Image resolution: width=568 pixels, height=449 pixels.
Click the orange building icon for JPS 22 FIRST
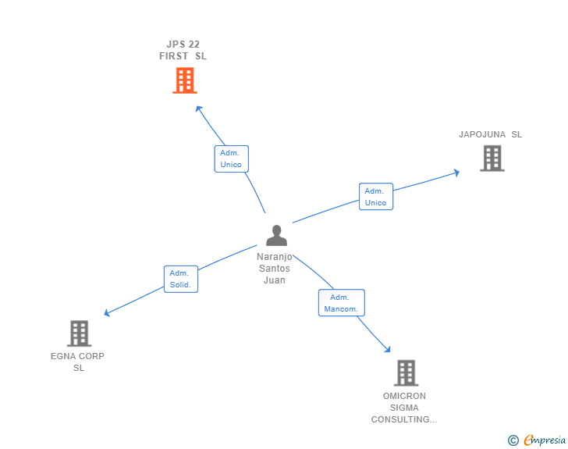coord(185,80)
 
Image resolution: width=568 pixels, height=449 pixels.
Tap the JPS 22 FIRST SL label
coord(183,50)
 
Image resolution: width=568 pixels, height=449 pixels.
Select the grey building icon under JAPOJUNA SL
coord(492,159)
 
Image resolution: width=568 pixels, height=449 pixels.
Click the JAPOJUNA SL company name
coord(490,134)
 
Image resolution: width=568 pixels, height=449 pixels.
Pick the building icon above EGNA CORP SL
coord(79,333)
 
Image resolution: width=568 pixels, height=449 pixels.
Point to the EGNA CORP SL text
coord(78,362)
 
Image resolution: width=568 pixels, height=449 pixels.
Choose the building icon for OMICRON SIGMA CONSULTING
coord(406,372)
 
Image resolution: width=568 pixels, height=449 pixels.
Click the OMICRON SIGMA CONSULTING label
coord(404,408)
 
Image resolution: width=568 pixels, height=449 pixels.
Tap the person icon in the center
coord(276,235)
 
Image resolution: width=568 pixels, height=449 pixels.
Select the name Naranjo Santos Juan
coord(275,268)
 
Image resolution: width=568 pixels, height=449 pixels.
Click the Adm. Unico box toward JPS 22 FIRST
coord(231,159)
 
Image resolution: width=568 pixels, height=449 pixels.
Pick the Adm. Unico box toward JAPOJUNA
coord(375,197)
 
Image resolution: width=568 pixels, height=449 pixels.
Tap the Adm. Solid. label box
coord(180,279)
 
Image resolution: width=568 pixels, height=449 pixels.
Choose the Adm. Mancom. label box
coord(341,303)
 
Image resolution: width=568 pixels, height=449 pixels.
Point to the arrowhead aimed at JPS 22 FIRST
coord(198,109)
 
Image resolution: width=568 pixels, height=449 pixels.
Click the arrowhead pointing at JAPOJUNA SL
coord(456,173)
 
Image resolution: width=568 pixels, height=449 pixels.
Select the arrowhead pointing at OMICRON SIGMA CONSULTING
coord(387,351)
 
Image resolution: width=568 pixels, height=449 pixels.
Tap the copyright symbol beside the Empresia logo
coord(513,440)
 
